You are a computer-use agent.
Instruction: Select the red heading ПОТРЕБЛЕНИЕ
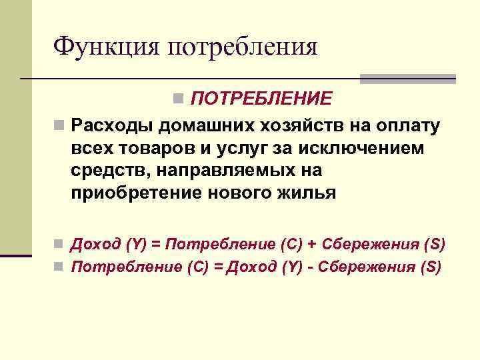click(261, 99)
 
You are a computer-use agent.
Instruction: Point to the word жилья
click(307, 193)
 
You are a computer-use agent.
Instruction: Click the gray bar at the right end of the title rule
click(407, 79)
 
